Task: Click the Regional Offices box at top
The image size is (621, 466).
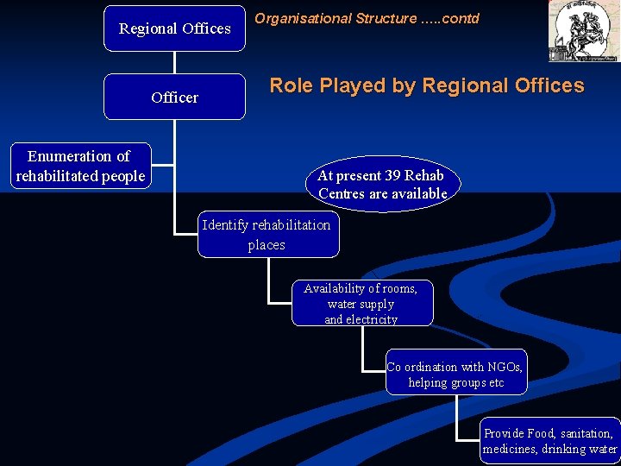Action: click(174, 28)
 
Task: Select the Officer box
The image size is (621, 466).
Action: click(174, 97)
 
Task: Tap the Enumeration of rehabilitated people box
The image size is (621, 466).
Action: click(79, 166)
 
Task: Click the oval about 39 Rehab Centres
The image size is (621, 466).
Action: click(382, 184)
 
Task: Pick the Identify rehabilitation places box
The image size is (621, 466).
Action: click(267, 235)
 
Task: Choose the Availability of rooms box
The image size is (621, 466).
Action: click(361, 303)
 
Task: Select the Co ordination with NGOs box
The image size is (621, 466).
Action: click(455, 375)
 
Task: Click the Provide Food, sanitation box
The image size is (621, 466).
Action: click(549, 441)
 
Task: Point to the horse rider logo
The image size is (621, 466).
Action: click(583, 31)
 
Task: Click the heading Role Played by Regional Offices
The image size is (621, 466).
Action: click(426, 85)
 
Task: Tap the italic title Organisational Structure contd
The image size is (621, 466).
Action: click(367, 18)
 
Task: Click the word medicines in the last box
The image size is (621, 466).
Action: click(510, 449)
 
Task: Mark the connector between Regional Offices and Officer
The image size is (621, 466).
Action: click(174, 62)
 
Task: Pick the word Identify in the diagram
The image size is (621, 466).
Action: click(225, 225)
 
